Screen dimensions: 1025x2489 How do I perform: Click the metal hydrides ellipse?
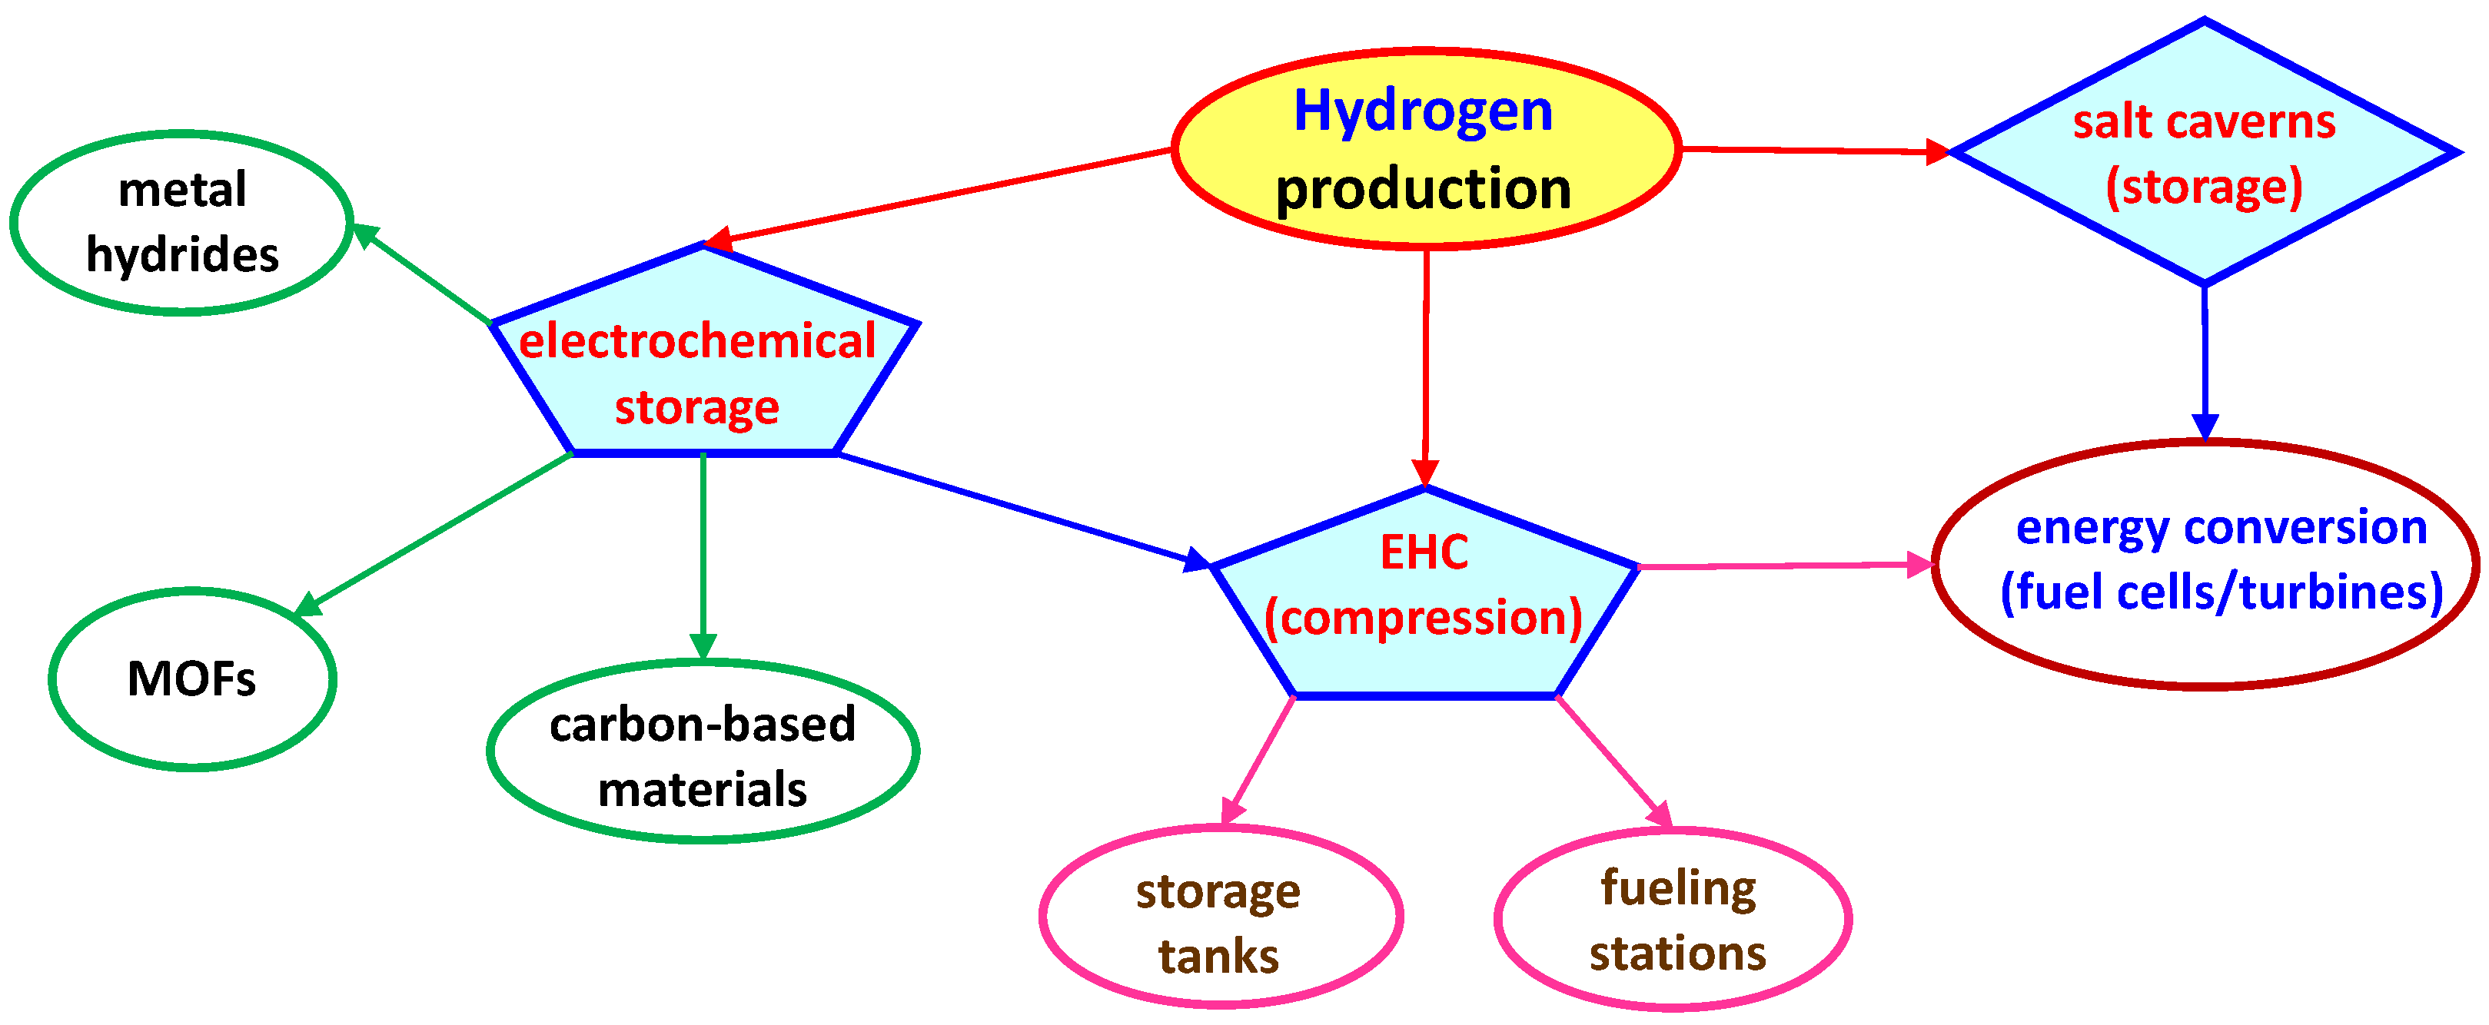click(181, 222)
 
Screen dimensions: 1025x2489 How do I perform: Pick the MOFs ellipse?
click(191, 679)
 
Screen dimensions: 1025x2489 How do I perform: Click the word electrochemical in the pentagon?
click(696, 342)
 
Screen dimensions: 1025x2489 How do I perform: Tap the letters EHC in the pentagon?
click(1424, 553)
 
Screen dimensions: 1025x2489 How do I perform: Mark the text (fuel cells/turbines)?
click(2221, 591)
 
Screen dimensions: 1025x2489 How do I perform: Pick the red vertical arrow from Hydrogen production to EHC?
click(1425, 367)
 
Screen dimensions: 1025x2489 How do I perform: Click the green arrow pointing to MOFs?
click(435, 533)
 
